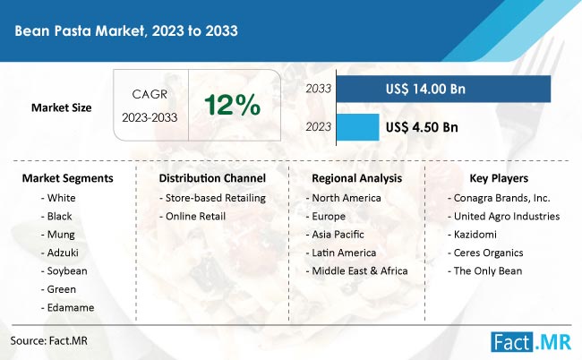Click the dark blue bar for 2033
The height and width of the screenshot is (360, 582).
tap(443, 89)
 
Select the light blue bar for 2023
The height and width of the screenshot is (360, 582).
tap(358, 127)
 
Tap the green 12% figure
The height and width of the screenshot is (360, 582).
tap(233, 105)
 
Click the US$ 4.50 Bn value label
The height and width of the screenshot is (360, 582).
tap(422, 127)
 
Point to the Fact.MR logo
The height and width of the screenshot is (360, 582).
tap(531, 341)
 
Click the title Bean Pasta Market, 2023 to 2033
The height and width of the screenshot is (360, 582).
tap(126, 30)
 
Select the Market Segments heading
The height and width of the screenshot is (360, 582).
tap(67, 178)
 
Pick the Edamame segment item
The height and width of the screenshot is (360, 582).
tap(67, 308)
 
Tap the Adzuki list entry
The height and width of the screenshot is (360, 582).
tap(60, 253)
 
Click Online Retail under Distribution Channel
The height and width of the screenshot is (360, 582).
tap(193, 217)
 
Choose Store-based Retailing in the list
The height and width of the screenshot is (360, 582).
tap(212, 198)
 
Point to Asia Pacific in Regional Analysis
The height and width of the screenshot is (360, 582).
tap(335, 235)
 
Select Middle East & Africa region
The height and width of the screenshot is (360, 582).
tap(356, 271)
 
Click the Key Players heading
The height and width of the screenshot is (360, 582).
tap(499, 178)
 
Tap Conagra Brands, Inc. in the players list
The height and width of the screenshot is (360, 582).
tap(499, 198)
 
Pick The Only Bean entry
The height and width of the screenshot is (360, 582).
tap(484, 271)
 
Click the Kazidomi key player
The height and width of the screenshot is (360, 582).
tap(472, 235)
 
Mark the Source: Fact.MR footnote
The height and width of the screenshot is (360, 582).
tap(49, 341)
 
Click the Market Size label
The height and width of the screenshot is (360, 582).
tap(61, 107)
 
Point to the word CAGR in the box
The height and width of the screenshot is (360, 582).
tap(150, 94)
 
